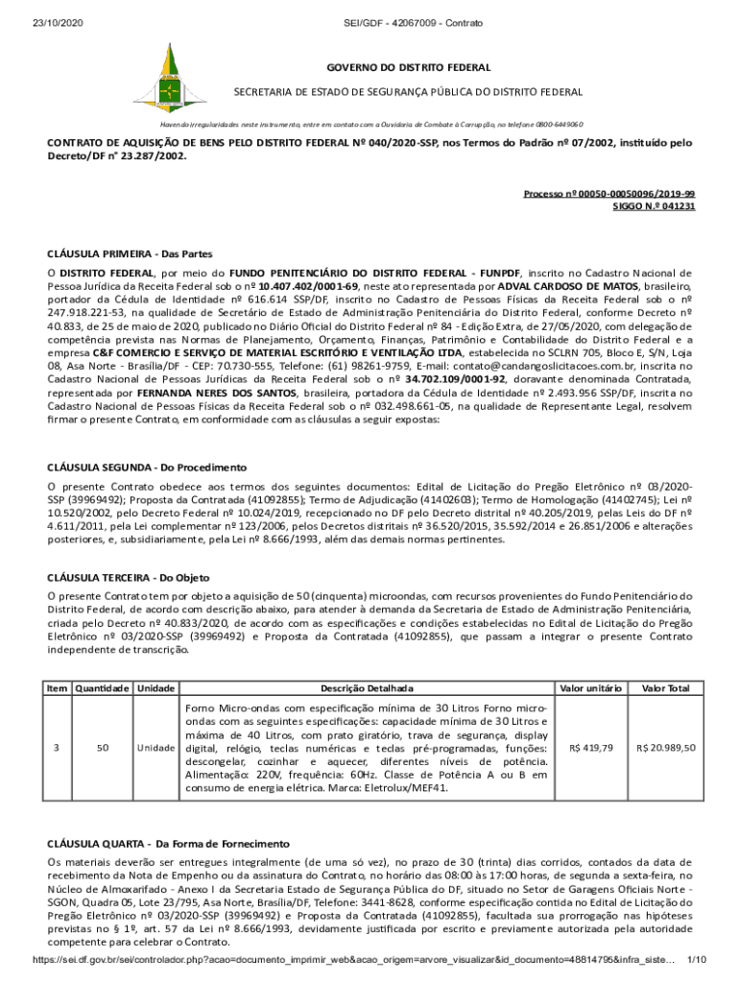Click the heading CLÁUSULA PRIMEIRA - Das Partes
[130, 254]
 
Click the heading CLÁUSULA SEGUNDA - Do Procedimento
[147, 467]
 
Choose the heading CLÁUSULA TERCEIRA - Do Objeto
[128, 578]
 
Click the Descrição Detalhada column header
[367, 688]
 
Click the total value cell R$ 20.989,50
[666, 747]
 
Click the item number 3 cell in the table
[57, 747]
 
